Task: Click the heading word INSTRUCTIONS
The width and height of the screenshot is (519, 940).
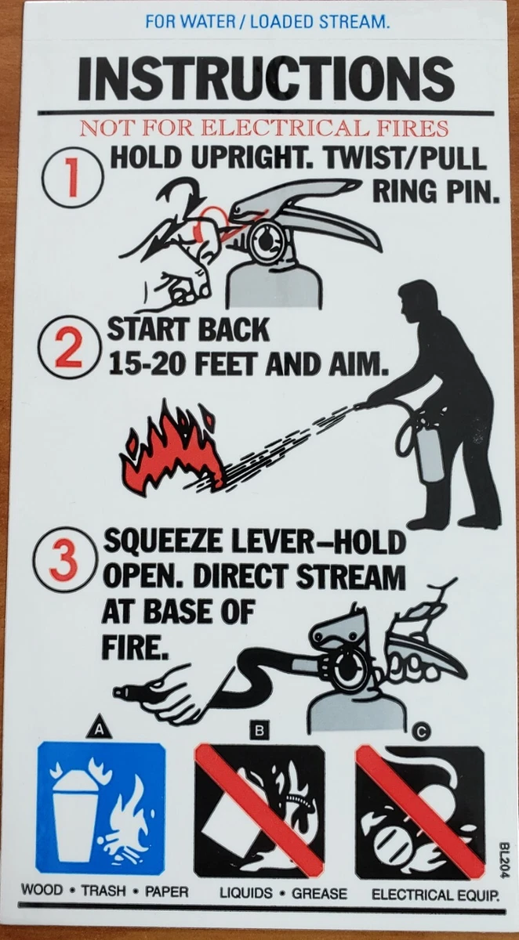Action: (x=266, y=78)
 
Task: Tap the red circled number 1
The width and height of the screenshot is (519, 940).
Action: (x=72, y=178)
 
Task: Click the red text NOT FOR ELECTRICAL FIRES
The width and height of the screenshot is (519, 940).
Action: (x=265, y=128)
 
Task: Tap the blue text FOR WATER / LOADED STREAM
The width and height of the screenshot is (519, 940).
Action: (x=267, y=22)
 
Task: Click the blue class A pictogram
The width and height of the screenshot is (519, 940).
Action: (x=100, y=808)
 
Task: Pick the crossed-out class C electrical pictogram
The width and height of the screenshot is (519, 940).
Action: (x=419, y=811)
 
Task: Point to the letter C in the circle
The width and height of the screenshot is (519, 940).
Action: (x=422, y=732)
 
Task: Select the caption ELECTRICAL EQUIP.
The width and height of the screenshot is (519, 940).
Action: (x=435, y=895)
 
